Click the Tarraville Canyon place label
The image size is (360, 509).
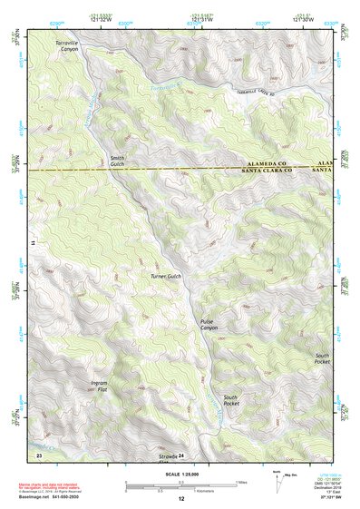click(x=67, y=46)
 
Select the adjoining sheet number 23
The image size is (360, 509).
click(x=39, y=453)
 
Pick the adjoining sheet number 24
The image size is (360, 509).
click(x=180, y=454)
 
